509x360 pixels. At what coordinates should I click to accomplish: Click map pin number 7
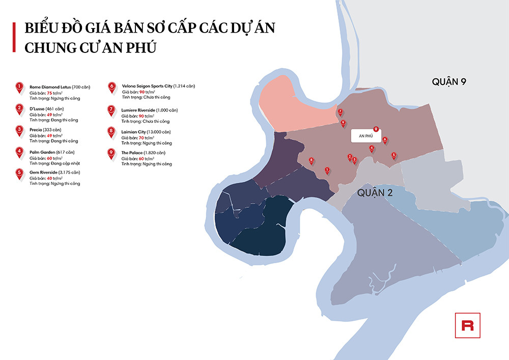coord(340,112)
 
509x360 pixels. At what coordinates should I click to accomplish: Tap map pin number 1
coord(327,171)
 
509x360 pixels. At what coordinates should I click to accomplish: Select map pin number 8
coord(312,160)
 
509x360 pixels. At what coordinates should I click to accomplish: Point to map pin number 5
coord(393,155)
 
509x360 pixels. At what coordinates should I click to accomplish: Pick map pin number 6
coord(385,140)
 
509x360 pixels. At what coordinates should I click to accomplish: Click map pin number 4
coord(372,149)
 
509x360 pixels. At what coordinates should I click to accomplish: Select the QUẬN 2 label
coord(375,192)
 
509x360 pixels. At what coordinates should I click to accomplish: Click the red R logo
coord(467,325)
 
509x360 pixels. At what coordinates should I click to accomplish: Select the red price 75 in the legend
coord(50,93)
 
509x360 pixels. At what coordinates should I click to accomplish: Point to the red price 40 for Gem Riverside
coord(50,178)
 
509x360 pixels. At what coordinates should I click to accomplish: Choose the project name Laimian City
coord(134,132)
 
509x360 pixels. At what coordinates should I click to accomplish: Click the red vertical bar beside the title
coord(14,37)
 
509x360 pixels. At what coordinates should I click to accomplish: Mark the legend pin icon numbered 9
coord(111,153)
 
